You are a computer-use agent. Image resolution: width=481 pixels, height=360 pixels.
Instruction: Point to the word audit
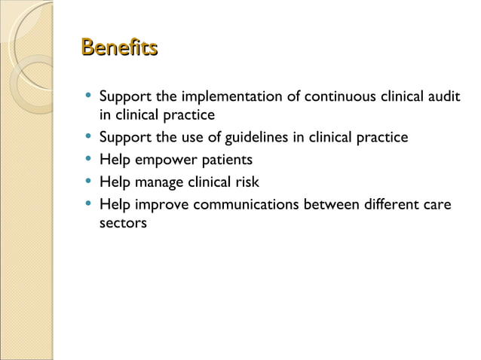(443, 97)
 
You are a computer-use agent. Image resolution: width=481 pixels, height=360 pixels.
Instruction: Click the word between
(333, 204)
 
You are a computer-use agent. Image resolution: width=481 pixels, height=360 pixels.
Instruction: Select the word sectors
(123, 223)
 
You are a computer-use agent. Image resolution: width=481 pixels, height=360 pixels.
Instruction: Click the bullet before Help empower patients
(90, 160)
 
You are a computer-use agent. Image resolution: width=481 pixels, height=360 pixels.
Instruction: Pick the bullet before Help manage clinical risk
(90, 182)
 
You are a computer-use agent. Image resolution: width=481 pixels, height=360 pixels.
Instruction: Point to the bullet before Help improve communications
(90, 204)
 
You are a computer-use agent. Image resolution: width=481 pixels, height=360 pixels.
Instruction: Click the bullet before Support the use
(90, 137)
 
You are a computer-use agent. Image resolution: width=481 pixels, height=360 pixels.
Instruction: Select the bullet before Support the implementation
(90, 97)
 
